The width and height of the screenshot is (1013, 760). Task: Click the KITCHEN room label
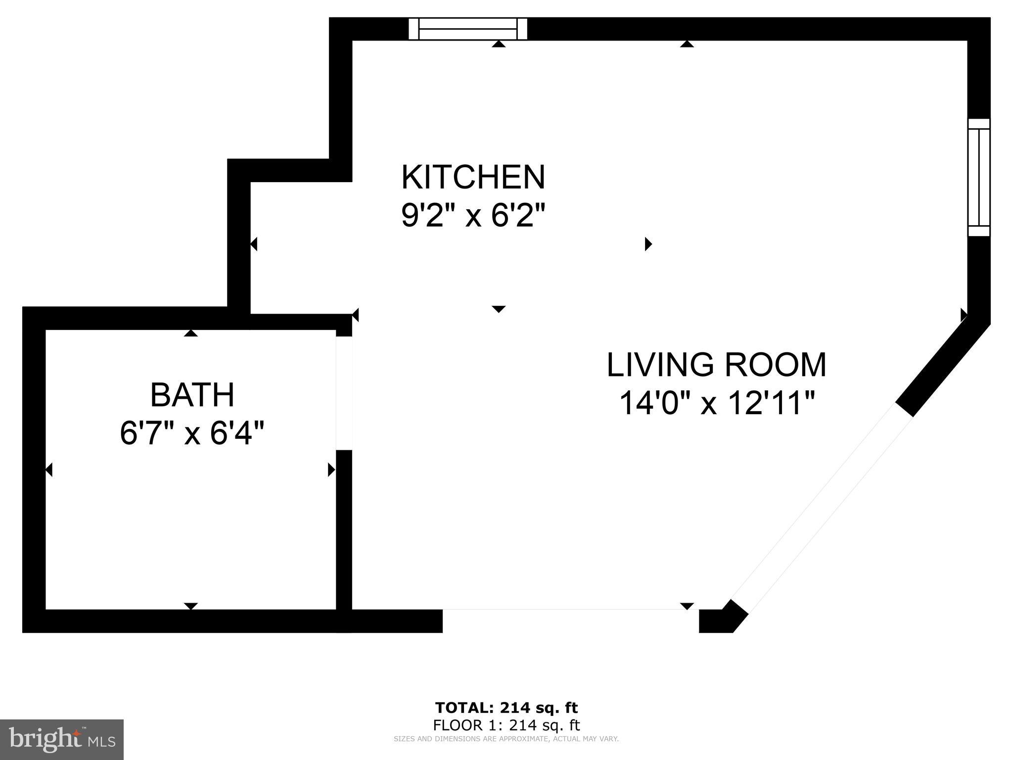click(473, 177)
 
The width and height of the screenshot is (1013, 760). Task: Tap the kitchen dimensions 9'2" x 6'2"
click(473, 216)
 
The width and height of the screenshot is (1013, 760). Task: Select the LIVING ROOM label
click(716, 365)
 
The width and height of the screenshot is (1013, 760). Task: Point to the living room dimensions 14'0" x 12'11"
click(716, 403)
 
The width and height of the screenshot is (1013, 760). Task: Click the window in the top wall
click(467, 29)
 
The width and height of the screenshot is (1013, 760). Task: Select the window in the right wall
click(978, 178)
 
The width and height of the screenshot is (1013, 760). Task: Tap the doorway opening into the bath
click(344, 393)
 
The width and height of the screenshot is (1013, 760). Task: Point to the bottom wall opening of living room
click(570, 620)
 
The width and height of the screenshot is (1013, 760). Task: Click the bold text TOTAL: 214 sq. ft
click(506, 708)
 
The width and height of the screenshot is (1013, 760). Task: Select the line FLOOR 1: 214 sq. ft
click(506, 725)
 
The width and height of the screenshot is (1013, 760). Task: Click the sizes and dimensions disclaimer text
click(506, 739)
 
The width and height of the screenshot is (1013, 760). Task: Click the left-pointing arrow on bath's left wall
click(49, 470)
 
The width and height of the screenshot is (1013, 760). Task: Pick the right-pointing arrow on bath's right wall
click(331, 470)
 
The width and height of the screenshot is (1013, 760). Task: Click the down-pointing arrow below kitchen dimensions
click(499, 309)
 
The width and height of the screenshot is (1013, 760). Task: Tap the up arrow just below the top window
click(499, 45)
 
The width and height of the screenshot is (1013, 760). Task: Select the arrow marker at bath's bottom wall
click(191, 606)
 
